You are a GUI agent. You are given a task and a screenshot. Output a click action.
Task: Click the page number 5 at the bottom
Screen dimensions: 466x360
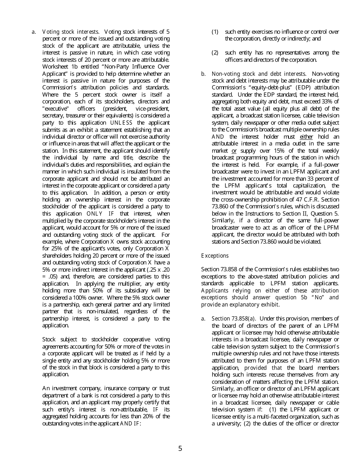point(180,449)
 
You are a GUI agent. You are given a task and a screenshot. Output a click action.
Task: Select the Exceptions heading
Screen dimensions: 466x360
point(215,255)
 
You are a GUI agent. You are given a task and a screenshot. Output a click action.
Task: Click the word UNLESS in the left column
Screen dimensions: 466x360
point(121,123)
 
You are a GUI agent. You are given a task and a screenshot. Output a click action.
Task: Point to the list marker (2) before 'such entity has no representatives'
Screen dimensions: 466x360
point(215,53)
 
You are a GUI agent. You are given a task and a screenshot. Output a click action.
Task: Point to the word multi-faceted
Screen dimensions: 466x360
point(268,417)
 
